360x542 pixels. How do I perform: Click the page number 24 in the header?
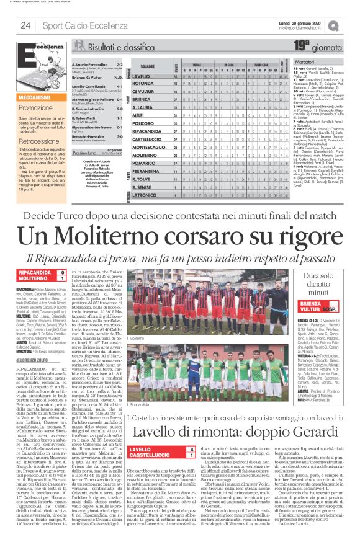(x=25, y=25)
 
